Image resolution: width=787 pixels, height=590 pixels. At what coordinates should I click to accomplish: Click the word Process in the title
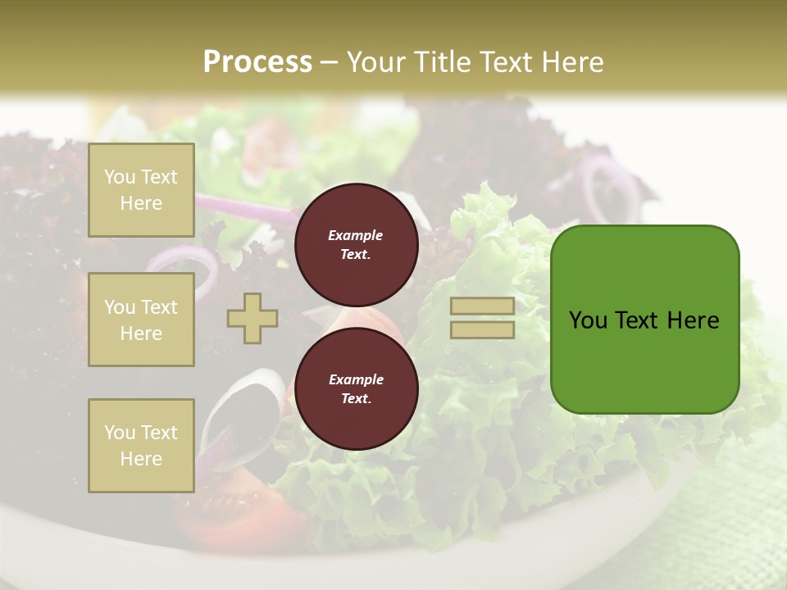point(257,62)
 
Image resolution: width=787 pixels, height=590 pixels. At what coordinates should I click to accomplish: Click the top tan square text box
point(141,190)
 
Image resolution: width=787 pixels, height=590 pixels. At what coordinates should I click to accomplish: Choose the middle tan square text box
point(141,320)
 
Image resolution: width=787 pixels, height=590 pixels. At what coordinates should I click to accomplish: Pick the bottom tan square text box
point(141,446)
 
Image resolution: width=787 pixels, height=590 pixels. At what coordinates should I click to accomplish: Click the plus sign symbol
point(252,318)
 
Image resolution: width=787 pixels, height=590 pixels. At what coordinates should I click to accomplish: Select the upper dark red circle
point(356,244)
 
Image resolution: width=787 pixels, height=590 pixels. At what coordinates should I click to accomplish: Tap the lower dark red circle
point(356,388)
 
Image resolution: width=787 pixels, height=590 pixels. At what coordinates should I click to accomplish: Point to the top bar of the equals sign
point(483,306)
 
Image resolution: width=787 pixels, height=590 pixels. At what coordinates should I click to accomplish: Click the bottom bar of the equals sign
point(483,329)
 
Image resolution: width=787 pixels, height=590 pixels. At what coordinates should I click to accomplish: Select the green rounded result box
point(644,320)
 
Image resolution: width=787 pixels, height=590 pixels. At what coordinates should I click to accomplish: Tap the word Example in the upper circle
point(356,235)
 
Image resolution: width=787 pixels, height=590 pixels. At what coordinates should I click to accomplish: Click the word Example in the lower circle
point(356,379)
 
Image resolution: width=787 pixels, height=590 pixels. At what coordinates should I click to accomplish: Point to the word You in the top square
point(120,177)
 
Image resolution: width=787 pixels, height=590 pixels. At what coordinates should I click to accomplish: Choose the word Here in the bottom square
point(141,459)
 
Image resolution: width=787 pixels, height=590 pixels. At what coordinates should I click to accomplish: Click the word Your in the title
point(377,62)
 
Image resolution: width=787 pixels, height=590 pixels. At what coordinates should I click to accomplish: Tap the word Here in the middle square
point(141,334)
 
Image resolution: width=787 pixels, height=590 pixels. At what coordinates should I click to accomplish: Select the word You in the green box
point(588,320)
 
